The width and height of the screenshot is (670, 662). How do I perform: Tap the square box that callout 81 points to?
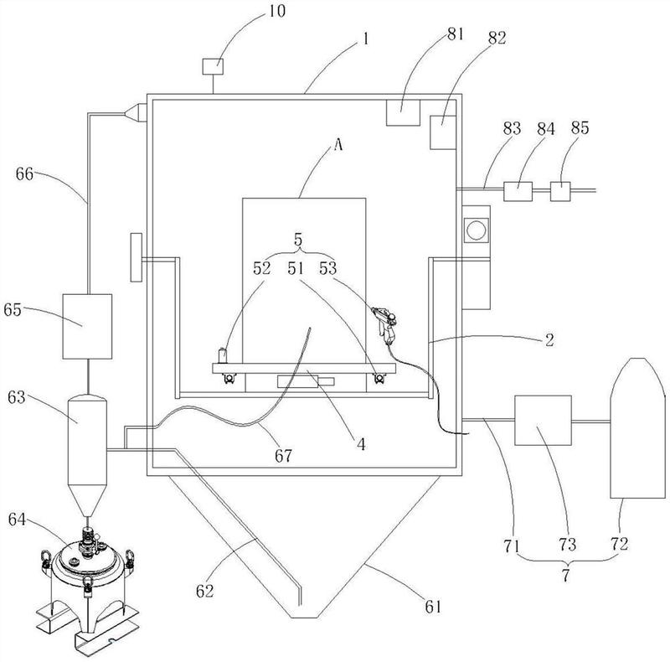[401, 112]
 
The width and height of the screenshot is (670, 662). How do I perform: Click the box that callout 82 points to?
[441, 132]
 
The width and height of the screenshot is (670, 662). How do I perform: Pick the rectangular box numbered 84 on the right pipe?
[519, 190]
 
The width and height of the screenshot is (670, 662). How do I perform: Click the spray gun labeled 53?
[385, 323]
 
